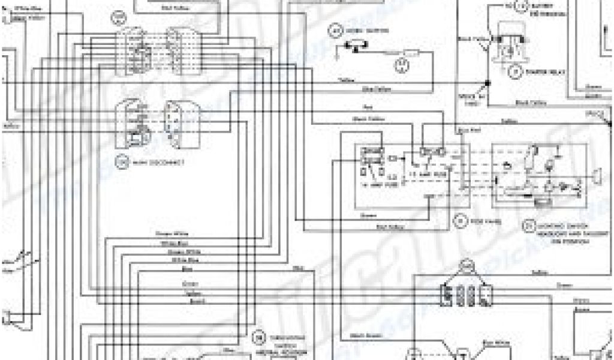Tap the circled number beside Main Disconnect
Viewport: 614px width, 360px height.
click(x=123, y=162)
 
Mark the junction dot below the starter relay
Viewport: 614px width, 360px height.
click(x=487, y=82)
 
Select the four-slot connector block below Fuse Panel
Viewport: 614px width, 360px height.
click(x=466, y=294)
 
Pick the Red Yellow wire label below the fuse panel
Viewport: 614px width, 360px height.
click(x=392, y=226)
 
